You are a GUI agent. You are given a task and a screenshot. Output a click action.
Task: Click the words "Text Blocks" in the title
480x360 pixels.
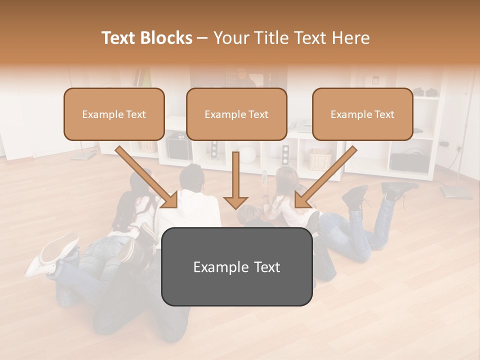point(146,38)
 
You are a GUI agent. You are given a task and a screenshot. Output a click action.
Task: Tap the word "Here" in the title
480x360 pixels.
point(351,38)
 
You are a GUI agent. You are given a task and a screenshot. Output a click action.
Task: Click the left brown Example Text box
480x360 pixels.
point(114,114)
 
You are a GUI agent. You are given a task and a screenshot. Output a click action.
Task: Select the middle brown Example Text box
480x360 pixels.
point(236,114)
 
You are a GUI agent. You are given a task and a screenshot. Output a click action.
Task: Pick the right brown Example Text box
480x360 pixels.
point(362,114)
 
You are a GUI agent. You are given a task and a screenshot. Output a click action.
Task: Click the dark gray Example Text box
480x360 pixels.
point(236,266)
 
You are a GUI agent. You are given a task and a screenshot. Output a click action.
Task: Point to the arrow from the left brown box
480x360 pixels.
point(146,176)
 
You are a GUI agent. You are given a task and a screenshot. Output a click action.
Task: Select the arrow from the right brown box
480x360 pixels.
point(326,176)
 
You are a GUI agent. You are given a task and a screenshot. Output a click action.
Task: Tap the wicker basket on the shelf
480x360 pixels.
point(320,159)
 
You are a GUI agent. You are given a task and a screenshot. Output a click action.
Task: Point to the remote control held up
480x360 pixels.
point(264,175)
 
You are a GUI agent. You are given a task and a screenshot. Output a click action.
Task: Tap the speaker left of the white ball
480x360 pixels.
point(214,149)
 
